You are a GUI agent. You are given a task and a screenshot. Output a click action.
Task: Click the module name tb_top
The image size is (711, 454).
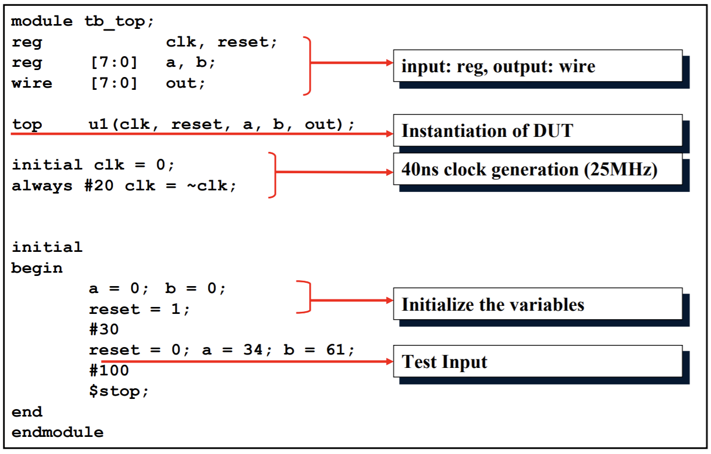click(114, 21)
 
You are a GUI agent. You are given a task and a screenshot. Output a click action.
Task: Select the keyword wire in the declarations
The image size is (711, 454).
click(32, 83)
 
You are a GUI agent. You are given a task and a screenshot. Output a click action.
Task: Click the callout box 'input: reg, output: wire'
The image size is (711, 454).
click(537, 66)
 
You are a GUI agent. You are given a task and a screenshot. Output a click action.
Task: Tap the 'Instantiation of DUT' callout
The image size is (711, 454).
click(537, 130)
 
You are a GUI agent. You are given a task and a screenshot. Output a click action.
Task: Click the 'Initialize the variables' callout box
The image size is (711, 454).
click(537, 304)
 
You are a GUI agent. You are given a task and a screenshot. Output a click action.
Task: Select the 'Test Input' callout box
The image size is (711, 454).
click(537, 361)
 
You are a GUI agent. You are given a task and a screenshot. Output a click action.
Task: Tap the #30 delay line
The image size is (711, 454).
click(104, 329)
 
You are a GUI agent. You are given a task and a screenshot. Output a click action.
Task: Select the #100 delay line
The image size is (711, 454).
click(109, 370)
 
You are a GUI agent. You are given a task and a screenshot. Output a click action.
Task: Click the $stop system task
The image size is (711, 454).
click(118, 391)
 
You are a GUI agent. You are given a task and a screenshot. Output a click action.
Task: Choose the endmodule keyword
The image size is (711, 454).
click(57, 432)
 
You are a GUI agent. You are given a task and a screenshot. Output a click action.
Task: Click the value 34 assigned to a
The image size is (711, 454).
click(252, 350)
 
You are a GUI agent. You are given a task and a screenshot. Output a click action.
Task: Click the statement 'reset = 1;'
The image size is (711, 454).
click(139, 309)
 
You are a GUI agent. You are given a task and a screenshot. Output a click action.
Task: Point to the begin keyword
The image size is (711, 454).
click(37, 268)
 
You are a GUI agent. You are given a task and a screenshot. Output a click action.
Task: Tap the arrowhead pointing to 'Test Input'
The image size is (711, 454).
click(389, 361)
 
